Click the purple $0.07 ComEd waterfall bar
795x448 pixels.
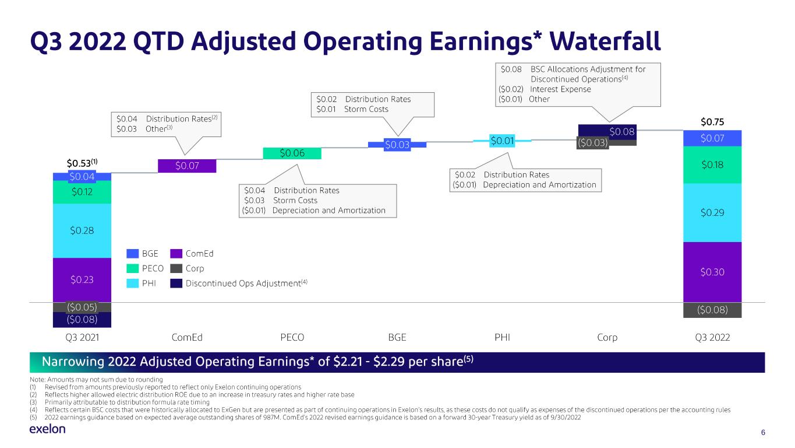tap(187, 166)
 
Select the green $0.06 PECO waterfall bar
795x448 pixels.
tap(292, 153)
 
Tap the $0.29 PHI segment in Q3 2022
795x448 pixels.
tap(712, 212)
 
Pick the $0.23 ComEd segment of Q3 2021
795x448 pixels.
tap(82, 280)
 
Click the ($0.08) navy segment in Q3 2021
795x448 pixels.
tap(82, 320)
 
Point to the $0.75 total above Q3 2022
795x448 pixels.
tap(712, 122)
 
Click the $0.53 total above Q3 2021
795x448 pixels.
tap(82, 163)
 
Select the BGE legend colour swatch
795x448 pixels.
tap(132, 254)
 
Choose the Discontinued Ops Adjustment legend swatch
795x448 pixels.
tap(176, 283)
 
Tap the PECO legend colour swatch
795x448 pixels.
tap(132, 268)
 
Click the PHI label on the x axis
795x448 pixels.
tap(502, 337)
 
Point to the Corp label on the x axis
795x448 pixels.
tap(607, 337)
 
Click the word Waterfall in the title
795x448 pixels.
tap(605, 41)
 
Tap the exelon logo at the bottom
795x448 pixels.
tap(47, 429)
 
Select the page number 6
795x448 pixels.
tap(763, 432)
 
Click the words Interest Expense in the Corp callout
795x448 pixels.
tap(560, 89)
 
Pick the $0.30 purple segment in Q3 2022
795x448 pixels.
tap(712, 272)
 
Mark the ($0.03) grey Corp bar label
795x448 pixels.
tap(592, 143)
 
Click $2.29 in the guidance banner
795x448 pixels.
tap(388, 362)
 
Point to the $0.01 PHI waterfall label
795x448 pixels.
tap(502, 141)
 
